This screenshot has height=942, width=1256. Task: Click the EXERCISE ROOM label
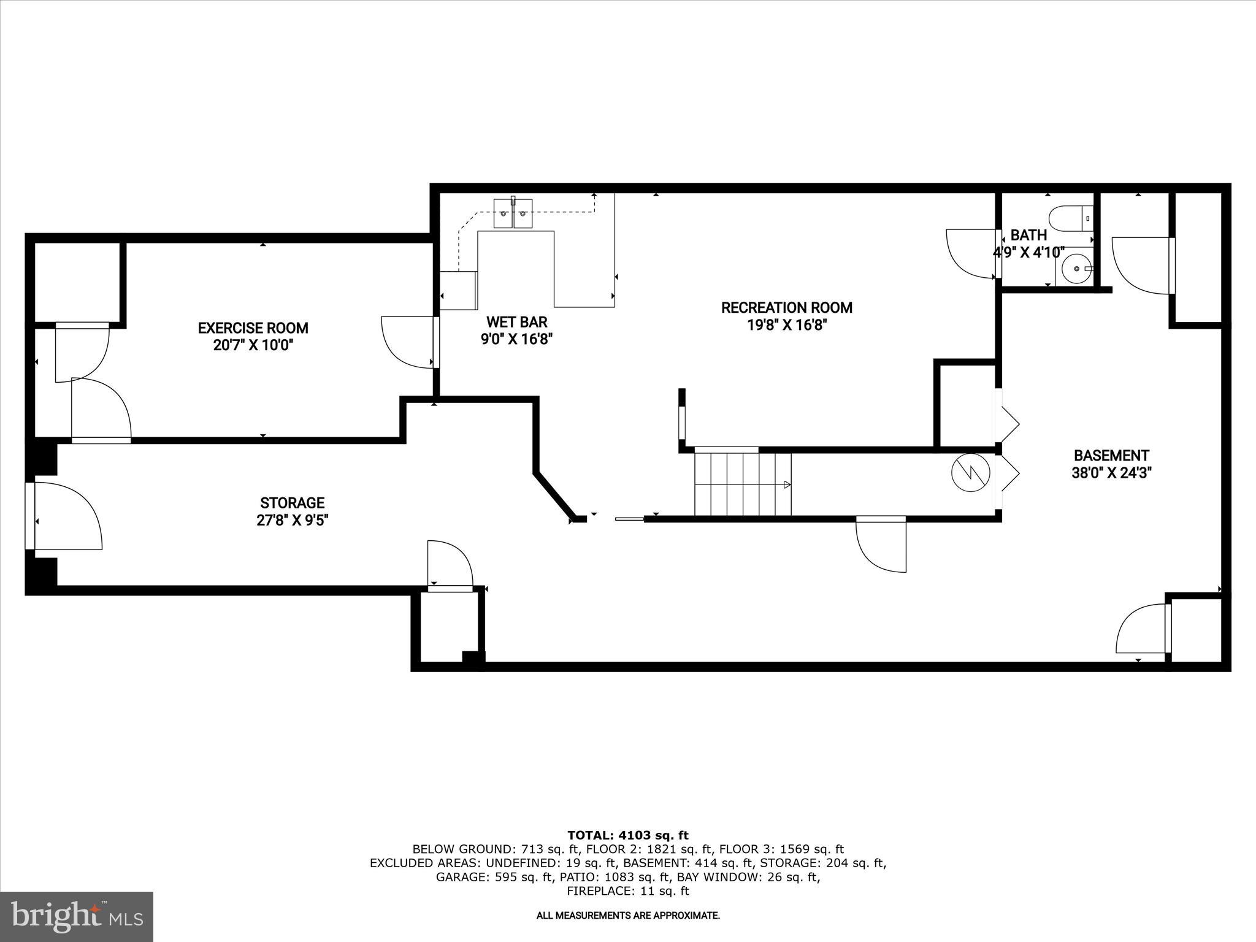pyautogui.click(x=253, y=328)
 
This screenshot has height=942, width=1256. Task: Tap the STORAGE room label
pyautogui.click(x=292, y=503)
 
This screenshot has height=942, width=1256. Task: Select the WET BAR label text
pyautogui.click(x=516, y=322)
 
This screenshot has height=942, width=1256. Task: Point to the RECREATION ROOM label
pyautogui.click(x=786, y=307)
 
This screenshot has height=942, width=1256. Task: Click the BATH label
pyautogui.click(x=1028, y=235)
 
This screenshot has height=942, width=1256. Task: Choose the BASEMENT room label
pyautogui.click(x=1111, y=456)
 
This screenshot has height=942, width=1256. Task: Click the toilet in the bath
pyautogui.click(x=1070, y=218)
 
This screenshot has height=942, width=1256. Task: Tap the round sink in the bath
pyautogui.click(x=1076, y=269)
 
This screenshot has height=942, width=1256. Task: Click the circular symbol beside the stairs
pyautogui.click(x=970, y=472)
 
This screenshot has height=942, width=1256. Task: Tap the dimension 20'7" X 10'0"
pyautogui.click(x=253, y=345)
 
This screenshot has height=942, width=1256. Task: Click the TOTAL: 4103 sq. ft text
pyautogui.click(x=627, y=835)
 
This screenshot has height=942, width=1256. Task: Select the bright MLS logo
pyautogui.click(x=77, y=916)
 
